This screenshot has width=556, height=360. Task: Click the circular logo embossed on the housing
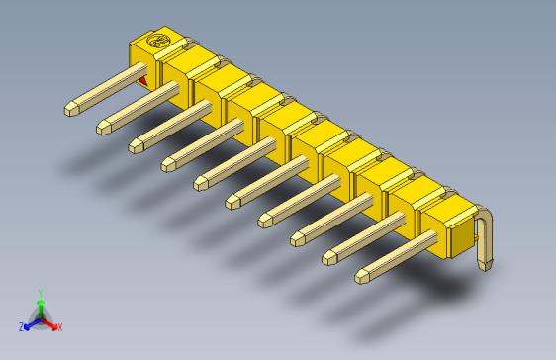click(x=157, y=43)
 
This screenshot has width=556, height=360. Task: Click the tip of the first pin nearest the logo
click(x=71, y=108)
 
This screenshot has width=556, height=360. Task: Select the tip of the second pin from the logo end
click(x=104, y=127)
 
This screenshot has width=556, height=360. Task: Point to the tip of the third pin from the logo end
click(x=136, y=145)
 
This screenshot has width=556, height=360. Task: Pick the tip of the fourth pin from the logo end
click(x=168, y=163)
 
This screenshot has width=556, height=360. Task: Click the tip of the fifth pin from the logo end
click(x=200, y=182)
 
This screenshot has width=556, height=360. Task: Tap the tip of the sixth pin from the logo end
click(x=232, y=201)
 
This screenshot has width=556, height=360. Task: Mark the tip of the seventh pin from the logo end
click(x=265, y=219)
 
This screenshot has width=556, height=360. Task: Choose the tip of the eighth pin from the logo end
click(x=298, y=237)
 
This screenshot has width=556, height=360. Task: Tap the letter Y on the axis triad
click(x=40, y=293)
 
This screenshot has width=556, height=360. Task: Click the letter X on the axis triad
click(x=59, y=326)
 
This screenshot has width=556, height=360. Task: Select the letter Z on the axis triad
click(x=21, y=326)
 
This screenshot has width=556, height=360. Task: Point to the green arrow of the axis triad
click(x=40, y=306)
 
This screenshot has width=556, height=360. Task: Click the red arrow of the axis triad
click(x=50, y=322)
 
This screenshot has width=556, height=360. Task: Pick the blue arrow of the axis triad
click(x=30, y=322)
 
